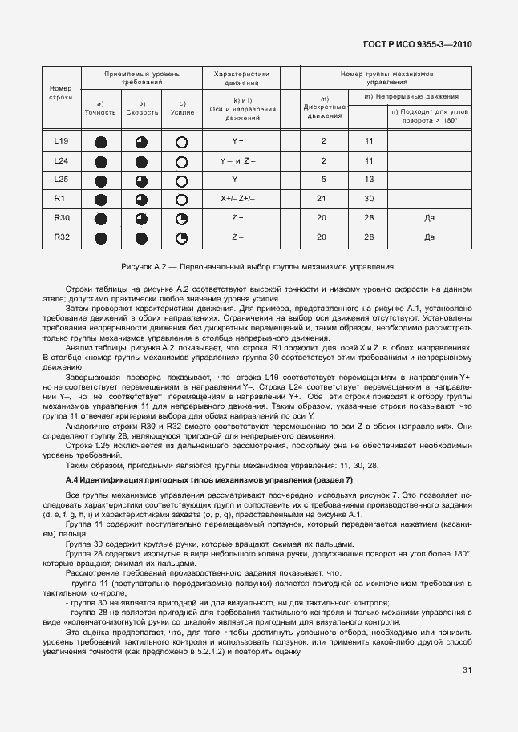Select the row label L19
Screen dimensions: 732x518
pos(62,141)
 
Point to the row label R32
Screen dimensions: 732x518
pos(62,237)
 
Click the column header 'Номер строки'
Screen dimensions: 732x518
pos(62,92)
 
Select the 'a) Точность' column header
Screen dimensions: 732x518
pos(100,108)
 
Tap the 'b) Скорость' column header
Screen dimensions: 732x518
pos(142,108)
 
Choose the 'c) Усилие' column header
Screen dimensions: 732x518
pos(182,108)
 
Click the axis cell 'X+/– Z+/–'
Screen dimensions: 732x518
pos(237,198)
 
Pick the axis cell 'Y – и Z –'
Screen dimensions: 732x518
pos(237,160)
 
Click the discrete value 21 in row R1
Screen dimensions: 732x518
pos(323,198)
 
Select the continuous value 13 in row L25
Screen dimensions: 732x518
pos(369,179)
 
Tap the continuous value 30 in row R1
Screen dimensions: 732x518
pos(369,198)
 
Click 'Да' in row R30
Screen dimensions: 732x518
pos(429,217)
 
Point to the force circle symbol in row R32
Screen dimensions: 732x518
pos(182,237)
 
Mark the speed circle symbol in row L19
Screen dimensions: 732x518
pos(142,142)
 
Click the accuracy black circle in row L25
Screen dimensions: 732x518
pos(101,180)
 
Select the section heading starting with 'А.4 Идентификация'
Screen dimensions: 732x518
pos(208,479)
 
